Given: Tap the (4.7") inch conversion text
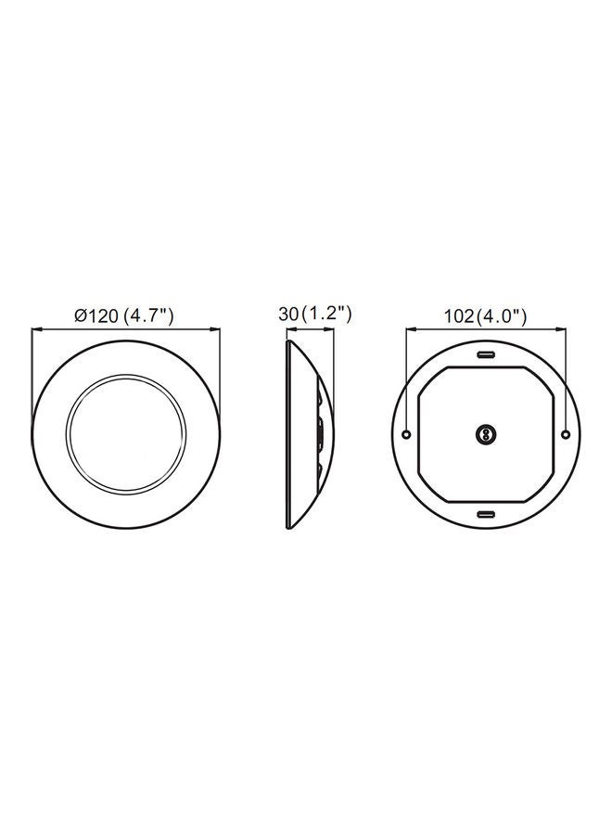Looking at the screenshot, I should pyautogui.click(x=149, y=315).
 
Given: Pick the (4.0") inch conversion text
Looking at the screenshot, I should pyautogui.click(x=502, y=316).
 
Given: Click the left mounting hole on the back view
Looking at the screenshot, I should pyautogui.click(x=408, y=434).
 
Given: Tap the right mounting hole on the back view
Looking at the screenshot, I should pyautogui.click(x=566, y=434).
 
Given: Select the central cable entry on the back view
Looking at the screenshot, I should pyautogui.click(x=486, y=434).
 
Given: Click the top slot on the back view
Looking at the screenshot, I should pyautogui.click(x=486, y=355).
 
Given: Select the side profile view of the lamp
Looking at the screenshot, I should pyautogui.click(x=307, y=434).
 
